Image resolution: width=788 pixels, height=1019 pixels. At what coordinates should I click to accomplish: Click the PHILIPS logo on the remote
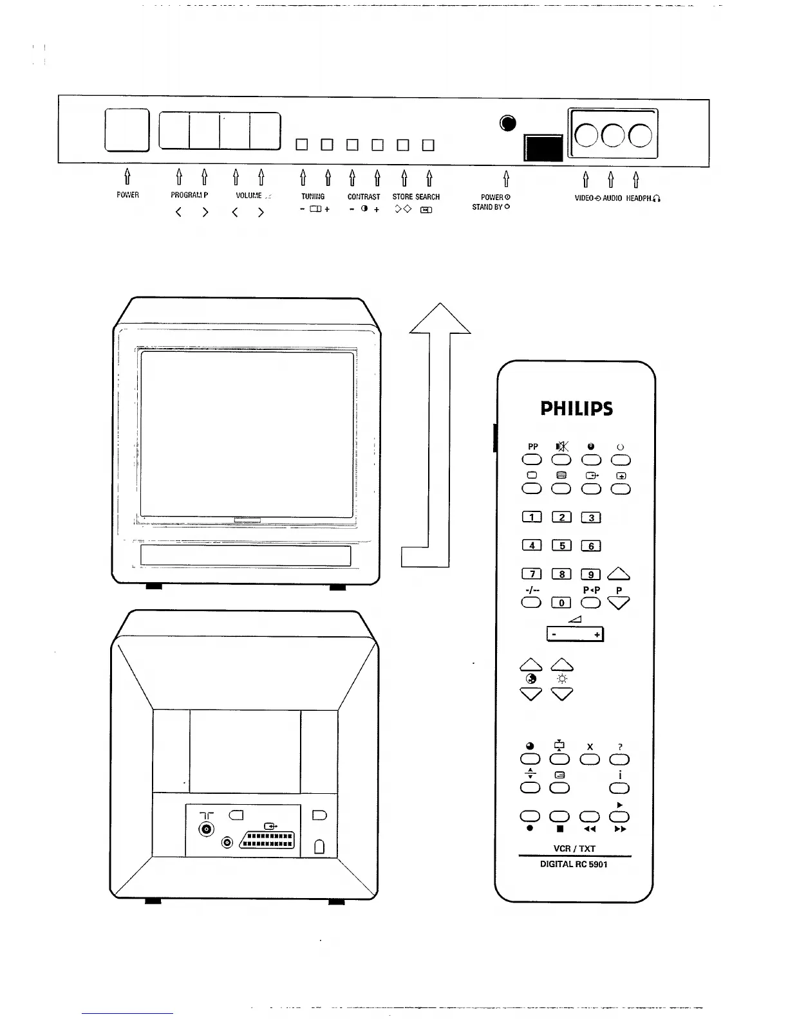point(576,409)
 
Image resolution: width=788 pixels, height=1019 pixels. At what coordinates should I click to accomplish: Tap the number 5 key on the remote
point(561,546)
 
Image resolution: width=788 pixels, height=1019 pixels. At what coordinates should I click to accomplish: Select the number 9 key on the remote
point(591,574)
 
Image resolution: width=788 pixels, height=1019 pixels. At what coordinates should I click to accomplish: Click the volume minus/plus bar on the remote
point(575,634)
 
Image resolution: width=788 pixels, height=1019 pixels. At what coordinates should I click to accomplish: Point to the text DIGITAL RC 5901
point(574,864)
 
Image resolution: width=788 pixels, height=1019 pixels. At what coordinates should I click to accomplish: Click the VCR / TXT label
point(574,849)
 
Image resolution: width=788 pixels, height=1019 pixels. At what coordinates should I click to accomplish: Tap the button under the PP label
point(532,460)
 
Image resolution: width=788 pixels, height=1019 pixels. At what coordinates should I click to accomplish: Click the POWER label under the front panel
point(127,195)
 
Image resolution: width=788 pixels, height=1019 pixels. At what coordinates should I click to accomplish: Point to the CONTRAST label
point(364,197)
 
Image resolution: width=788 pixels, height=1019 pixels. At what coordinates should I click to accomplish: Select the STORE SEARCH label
point(416,197)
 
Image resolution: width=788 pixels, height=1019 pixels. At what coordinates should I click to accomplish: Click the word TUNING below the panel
point(313,197)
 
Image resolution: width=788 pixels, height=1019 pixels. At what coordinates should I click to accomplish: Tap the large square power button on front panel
point(127,131)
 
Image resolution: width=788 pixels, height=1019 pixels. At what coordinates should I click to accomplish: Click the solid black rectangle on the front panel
point(544,148)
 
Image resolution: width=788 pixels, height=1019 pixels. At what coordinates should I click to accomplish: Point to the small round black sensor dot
point(508,124)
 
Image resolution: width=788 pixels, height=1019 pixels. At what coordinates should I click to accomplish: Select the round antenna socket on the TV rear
point(207,830)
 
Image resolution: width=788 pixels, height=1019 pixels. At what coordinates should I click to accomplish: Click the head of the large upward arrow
point(440,318)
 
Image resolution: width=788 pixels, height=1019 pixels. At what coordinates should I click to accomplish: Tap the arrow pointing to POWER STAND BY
point(506,178)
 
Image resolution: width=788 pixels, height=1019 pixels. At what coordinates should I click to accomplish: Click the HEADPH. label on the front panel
point(643,199)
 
